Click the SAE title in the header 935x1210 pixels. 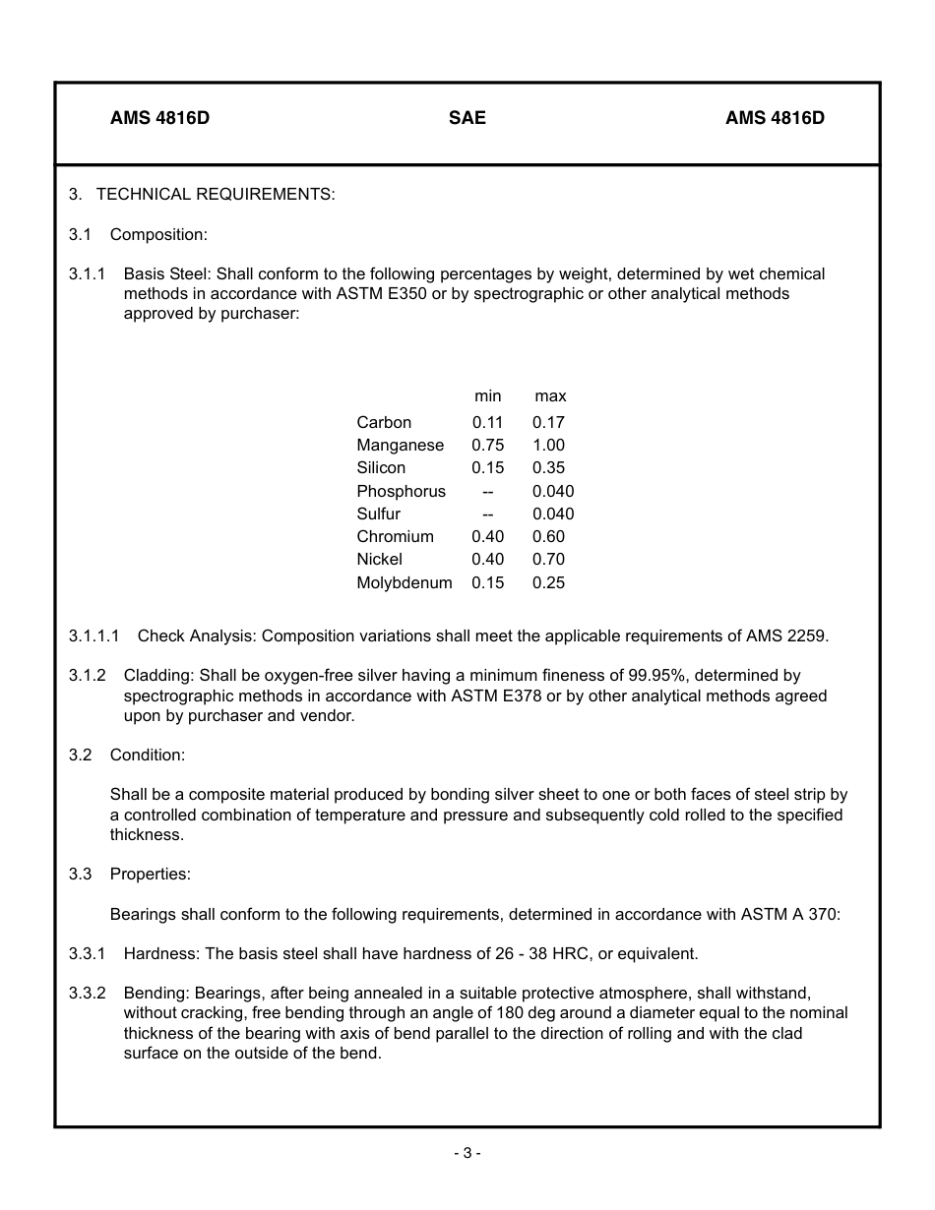pos(467,118)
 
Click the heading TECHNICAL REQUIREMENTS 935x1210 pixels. pos(216,194)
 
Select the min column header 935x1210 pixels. pos(487,396)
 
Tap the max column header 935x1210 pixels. pos(550,396)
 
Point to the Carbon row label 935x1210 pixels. pos(384,422)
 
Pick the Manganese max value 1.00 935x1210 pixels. pos(548,445)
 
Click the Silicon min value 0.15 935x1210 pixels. pos(487,467)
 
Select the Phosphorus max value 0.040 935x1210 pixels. pos(553,491)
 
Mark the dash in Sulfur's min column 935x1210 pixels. pos(487,514)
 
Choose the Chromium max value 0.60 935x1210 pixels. pos(548,536)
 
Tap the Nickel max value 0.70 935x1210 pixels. pos(548,559)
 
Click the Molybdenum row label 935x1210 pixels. pos(404,582)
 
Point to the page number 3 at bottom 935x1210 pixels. pos(467,1153)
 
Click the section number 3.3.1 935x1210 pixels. pos(87,953)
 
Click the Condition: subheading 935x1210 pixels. pos(148,755)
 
